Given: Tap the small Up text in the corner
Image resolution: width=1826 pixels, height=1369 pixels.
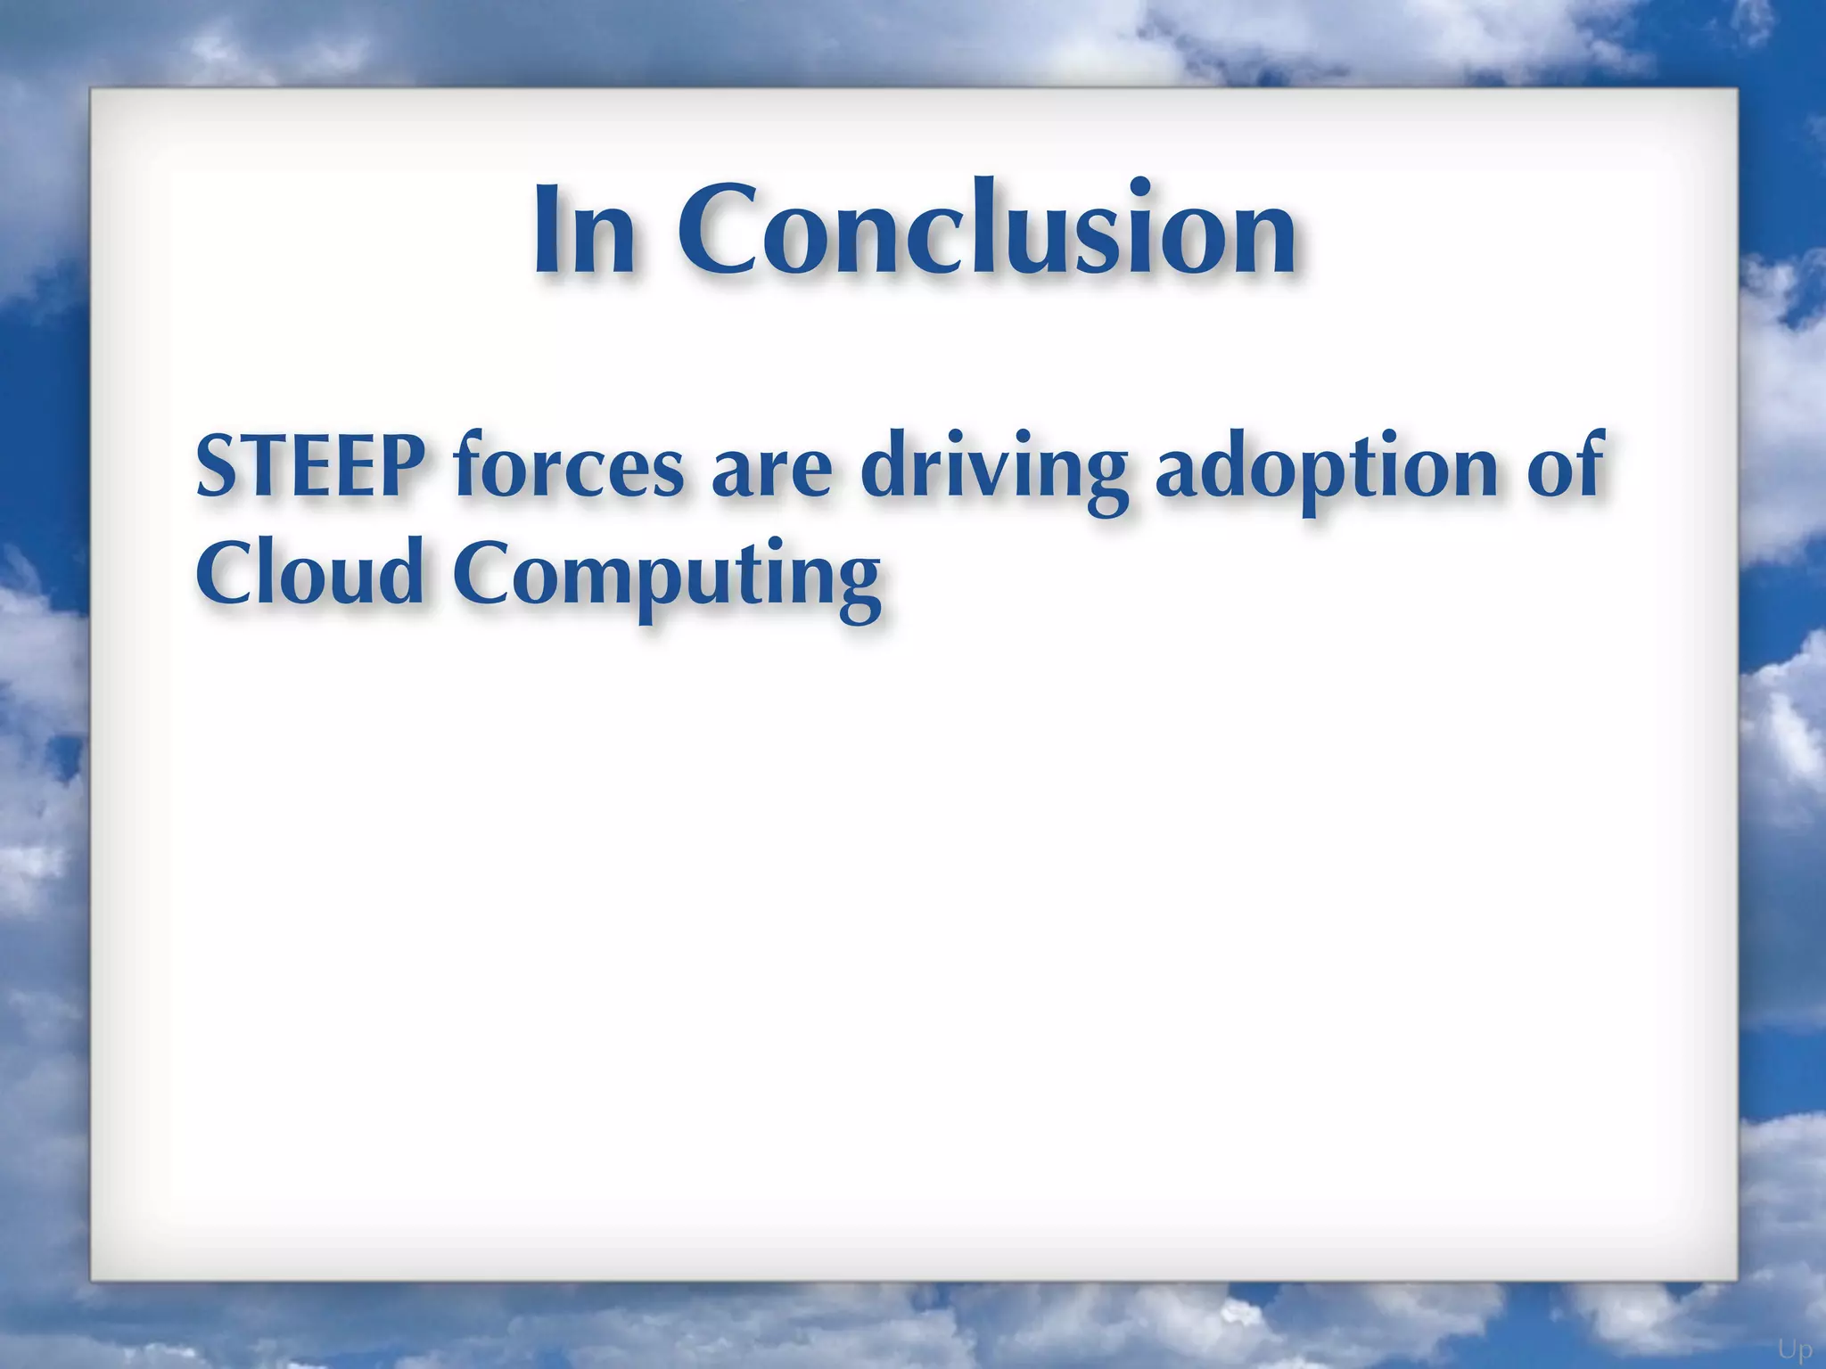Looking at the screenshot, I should (1795, 1350).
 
